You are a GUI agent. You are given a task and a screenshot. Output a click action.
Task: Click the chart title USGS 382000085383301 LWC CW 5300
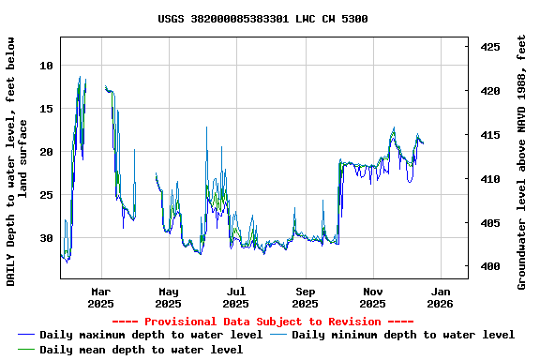[262, 19]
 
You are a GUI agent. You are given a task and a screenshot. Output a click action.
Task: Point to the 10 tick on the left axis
[47, 66]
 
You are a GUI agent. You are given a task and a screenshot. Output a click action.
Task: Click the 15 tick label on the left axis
[47, 109]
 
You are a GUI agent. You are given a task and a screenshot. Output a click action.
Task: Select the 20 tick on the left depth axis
[47, 152]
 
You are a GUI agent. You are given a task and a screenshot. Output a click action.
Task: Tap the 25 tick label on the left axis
[47, 195]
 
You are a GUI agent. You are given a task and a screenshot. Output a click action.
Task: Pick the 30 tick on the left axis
[47, 238]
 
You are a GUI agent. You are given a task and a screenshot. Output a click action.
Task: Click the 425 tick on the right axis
[488, 47]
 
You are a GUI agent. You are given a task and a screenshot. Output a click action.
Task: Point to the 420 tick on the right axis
[488, 91]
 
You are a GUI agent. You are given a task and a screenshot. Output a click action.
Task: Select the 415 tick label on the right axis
[488, 135]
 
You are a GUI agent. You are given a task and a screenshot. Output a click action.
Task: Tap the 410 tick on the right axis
[488, 179]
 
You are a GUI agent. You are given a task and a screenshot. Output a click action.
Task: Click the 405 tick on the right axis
[488, 223]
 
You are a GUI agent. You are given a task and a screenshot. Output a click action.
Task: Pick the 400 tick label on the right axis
[488, 267]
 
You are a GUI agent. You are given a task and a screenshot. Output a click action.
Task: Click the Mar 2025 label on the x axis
[100, 297]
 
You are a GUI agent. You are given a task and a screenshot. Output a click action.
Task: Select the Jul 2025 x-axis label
[236, 297]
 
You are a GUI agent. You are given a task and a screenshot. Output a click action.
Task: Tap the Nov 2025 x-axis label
[373, 297]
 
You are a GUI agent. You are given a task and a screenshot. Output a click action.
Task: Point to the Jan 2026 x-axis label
[441, 297]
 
